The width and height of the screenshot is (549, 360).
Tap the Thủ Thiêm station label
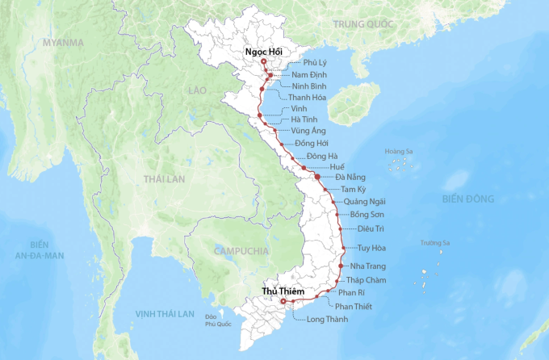pyautogui.click(x=283, y=290)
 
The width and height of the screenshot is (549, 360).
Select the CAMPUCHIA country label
pyautogui.click(x=241, y=251)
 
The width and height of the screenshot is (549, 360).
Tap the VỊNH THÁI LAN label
pyautogui.click(x=165, y=313)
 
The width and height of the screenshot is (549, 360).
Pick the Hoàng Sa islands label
pyautogui.click(x=399, y=151)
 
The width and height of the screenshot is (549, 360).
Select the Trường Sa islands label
pyautogui.click(x=434, y=243)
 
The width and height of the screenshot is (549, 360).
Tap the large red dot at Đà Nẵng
pyautogui.click(x=317, y=176)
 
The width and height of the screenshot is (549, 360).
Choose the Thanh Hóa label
pyautogui.click(x=308, y=98)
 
